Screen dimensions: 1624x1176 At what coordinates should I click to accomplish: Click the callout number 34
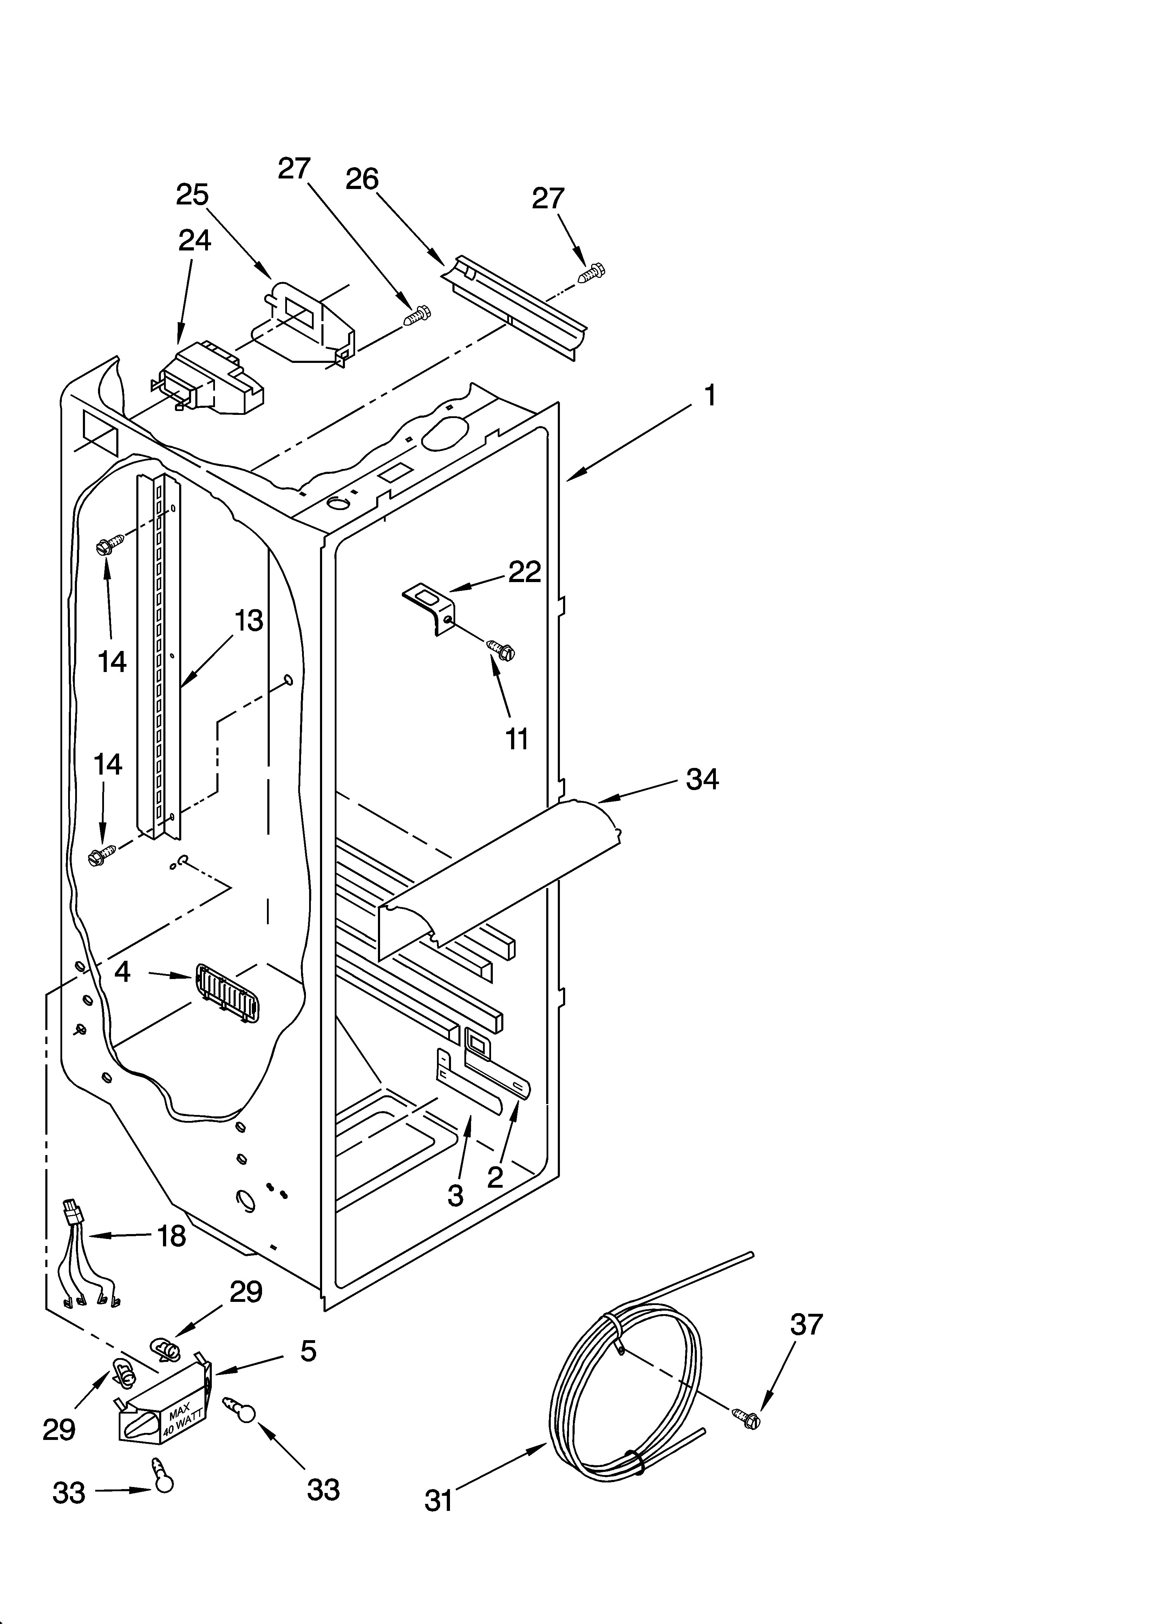click(x=702, y=779)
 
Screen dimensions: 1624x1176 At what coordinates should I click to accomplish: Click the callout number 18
click(x=171, y=1236)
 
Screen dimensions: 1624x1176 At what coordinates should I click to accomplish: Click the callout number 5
click(x=308, y=1351)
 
